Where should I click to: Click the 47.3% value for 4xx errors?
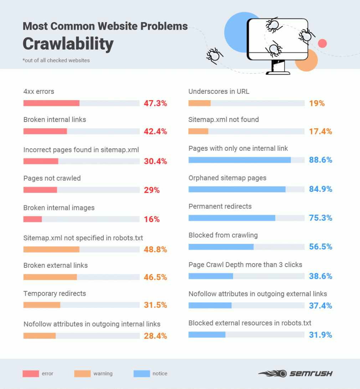pos(155,103)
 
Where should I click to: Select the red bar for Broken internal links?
pos(45,131)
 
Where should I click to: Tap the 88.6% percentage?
pos(320,160)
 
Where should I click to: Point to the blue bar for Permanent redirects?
pos(232,218)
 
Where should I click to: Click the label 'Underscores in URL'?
pos(219,91)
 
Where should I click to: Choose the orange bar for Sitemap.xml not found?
pos(198,131)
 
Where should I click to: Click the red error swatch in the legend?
pos(31,374)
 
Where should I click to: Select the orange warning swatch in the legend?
pos(82,374)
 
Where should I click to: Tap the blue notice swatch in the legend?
pos(142,374)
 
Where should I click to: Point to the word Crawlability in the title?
pos(68,43)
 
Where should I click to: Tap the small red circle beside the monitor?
pos(322,43)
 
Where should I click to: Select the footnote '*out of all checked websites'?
pos(56,60)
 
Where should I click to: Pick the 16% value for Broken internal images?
pos(152,219)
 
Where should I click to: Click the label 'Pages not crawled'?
pos(52,178)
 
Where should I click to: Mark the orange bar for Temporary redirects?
pos(42,305)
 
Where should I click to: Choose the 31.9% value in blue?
pos(320,335)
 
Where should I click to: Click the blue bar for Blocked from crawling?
pos(221,247)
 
